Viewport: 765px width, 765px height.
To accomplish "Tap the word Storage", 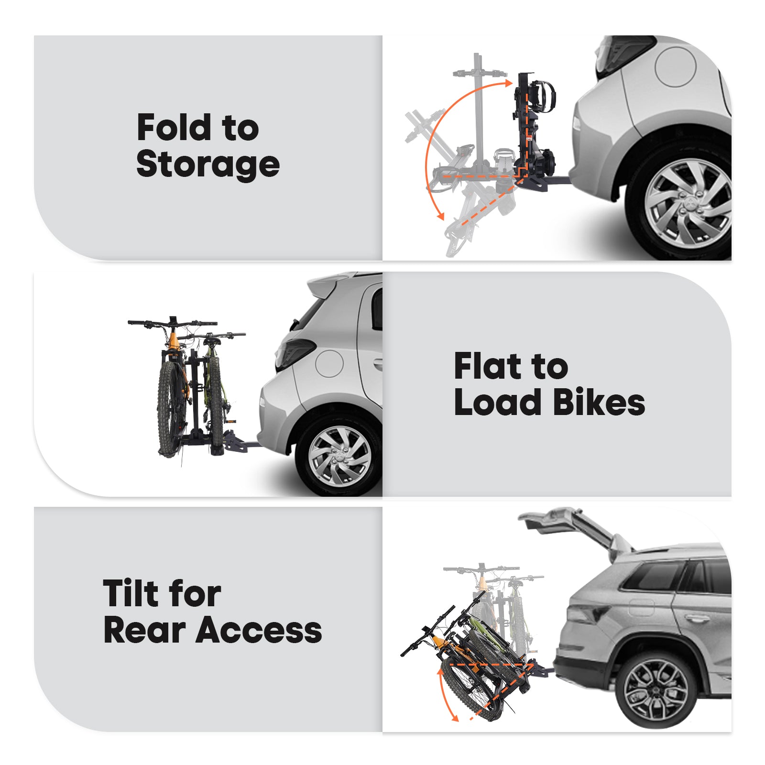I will coord(208,164).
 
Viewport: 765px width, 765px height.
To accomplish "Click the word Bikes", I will coord(599,402).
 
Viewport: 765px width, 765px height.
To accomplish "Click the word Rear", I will coord(144,630).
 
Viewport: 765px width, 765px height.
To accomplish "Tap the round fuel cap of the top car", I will coord(675,67).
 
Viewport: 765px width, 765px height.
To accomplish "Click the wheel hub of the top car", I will coord(688,203).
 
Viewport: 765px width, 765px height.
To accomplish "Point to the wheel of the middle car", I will coord(339,456).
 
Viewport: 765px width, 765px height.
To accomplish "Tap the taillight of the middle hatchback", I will coord(293,354).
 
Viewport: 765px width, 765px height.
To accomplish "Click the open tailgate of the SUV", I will coord(569,524).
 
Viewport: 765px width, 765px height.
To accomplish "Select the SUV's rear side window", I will coord(655,576).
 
